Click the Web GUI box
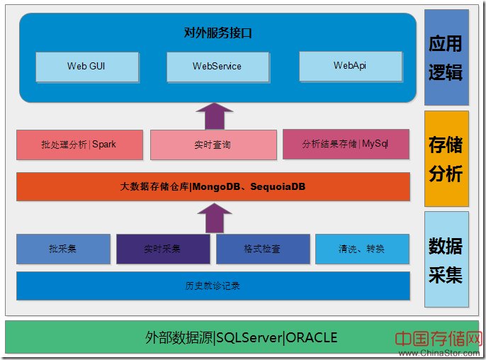(x=86, y=66)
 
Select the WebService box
(x=217, y=66)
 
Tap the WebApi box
(x=350, y=65)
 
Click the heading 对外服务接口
(x=217, y=33)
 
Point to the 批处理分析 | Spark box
(x=79, y=145)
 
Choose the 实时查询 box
(x=213, y=145)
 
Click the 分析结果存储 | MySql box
(x=346, y=144)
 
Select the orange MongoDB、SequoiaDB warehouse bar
(x=213, y=187)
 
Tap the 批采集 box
(x=63, y=249)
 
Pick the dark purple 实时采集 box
(x=163, y=249)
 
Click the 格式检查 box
(x=263, y=249)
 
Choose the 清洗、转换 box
(x=362, y=249)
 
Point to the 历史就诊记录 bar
(x=213, y=286)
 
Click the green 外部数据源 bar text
(x=241, y=337)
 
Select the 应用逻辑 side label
(x=446, y=57)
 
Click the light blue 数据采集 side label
(x=446, y=259)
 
